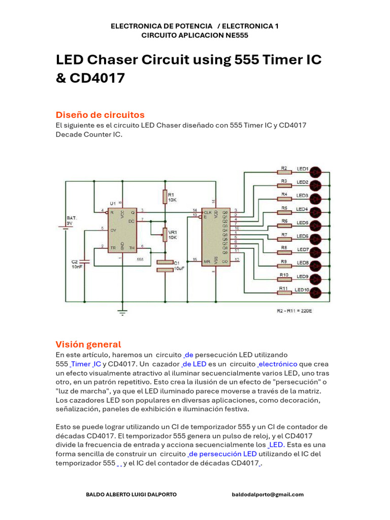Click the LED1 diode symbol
pyautogui.click(x=316, y=171)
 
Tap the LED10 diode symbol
pyautogui.click(x=316, y=292)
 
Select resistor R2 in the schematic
pyautogui.click(x=284, y=172)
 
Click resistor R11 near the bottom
pyautogui.click(x=284, y=292)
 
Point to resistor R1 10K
pyautogui.click(x=165, y=197)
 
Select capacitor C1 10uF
pyautogui.click(x=165, y=266)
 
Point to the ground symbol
pyautogui.click(x=122, y=312)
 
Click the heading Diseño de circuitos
pyautogui.click(x=100, y=115)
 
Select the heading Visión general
pyautogui.click(x=88, y=344)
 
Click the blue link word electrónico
pyautogui.click(x=277, y=364)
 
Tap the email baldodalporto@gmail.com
pyautogui.click(x=268, y=494)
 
